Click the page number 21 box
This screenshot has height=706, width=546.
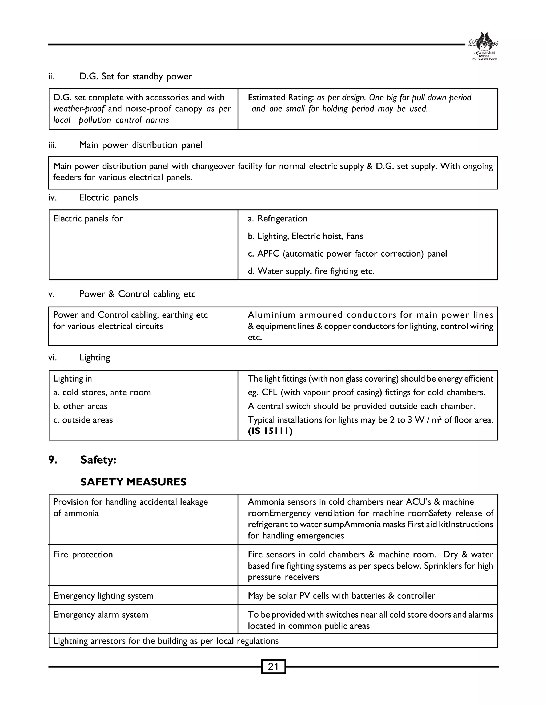[273, 667]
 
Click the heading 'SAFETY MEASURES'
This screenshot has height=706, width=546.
[133, 482]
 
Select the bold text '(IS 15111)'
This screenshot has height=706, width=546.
[270, 431]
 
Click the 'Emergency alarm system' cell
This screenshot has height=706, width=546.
[101, 615]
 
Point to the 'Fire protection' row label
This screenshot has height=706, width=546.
[83, 554]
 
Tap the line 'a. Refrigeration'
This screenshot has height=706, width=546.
[278, 218]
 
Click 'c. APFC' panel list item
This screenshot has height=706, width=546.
[347, 253]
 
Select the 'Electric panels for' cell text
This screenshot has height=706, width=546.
[88, 218]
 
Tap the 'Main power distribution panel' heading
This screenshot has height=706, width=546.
[140, 145]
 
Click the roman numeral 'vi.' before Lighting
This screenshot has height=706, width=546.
[52, 358]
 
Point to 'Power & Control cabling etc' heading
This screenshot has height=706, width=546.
[137, 294]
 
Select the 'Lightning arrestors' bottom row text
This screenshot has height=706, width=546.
[166, 641]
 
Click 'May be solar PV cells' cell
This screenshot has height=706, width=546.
[341, 596]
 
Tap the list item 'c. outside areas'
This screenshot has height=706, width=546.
[83, 420]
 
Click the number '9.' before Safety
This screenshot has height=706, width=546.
[53, 460]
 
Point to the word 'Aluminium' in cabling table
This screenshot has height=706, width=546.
[271, 315]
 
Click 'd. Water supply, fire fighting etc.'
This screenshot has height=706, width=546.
[311, 271]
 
